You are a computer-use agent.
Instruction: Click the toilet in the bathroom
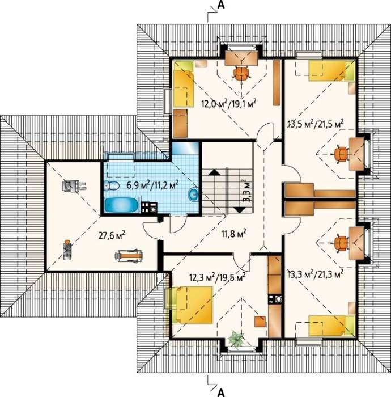coord(112,185)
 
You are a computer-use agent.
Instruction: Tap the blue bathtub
coord(122,205)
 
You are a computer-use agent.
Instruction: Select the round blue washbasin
coord(193,195)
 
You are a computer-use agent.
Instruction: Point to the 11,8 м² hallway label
coord(234,234)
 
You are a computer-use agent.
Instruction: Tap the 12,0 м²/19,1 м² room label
coord(229,104)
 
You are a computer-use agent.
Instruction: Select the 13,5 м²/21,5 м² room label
coord(316,124)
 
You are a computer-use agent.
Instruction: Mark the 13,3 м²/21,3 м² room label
coord(316,273)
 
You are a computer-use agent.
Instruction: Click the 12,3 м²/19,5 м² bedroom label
coord(218,277)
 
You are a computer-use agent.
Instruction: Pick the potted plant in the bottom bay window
coord(235,338)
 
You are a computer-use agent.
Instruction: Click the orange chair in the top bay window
coord(242,73)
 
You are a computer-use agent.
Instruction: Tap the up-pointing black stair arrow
coord(214,172)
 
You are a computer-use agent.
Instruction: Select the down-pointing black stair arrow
coord(239,210)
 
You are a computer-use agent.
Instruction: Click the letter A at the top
coord(221,5)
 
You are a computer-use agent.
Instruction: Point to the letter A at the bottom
coord(221,392)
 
